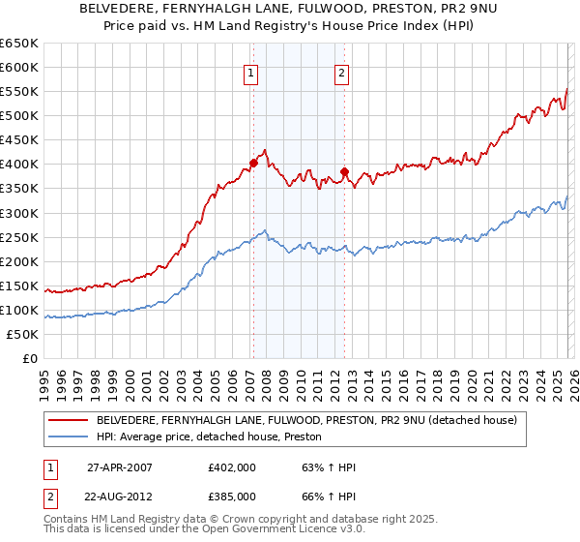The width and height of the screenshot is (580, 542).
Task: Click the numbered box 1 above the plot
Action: click(x=251, y=72)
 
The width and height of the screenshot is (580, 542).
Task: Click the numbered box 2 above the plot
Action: click(x=342, y=72)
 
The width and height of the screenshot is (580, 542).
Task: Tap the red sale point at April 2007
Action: click(x=253, y=164)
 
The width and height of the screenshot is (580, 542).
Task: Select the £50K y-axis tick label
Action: click(x=22, y=335)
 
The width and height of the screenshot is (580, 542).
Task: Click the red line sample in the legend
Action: click(x=67, y=420)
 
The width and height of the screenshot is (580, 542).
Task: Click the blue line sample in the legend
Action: click(x=67, y=437)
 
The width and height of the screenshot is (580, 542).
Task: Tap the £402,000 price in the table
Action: click(x=231, y=467)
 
